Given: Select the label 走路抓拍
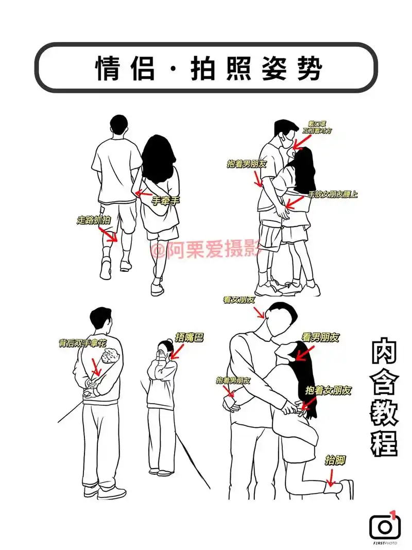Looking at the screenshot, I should [x=94, y=220].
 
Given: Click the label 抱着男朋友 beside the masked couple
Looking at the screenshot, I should [x=247, y=164].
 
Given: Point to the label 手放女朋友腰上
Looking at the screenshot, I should [x=333, y=194].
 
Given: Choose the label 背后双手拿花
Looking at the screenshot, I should [x=83, y=343].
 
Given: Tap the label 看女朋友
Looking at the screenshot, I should [x=239, y=300].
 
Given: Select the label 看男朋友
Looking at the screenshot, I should [x=320, y=338].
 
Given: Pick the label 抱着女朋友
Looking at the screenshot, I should [x=329, y=390].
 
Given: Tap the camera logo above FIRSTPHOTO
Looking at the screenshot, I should [x=384, y=525].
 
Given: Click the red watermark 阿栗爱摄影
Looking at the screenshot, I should [x=206, y=251].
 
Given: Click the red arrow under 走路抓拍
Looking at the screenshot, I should [x=108, y=235].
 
